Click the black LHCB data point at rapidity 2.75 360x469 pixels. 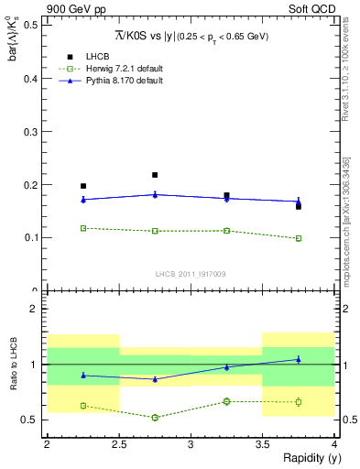coord(155,175)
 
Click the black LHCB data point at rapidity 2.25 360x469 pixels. coord(83,186)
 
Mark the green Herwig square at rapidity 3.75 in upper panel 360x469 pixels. coord(299,238)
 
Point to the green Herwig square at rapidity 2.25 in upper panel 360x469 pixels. coord(83,228)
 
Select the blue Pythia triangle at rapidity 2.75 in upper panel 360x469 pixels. coord(155,194)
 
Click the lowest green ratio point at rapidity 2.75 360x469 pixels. coord(155,418)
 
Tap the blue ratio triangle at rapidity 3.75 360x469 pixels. coord(299,359)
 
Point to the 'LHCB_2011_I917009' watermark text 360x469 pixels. coord(191,273)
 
